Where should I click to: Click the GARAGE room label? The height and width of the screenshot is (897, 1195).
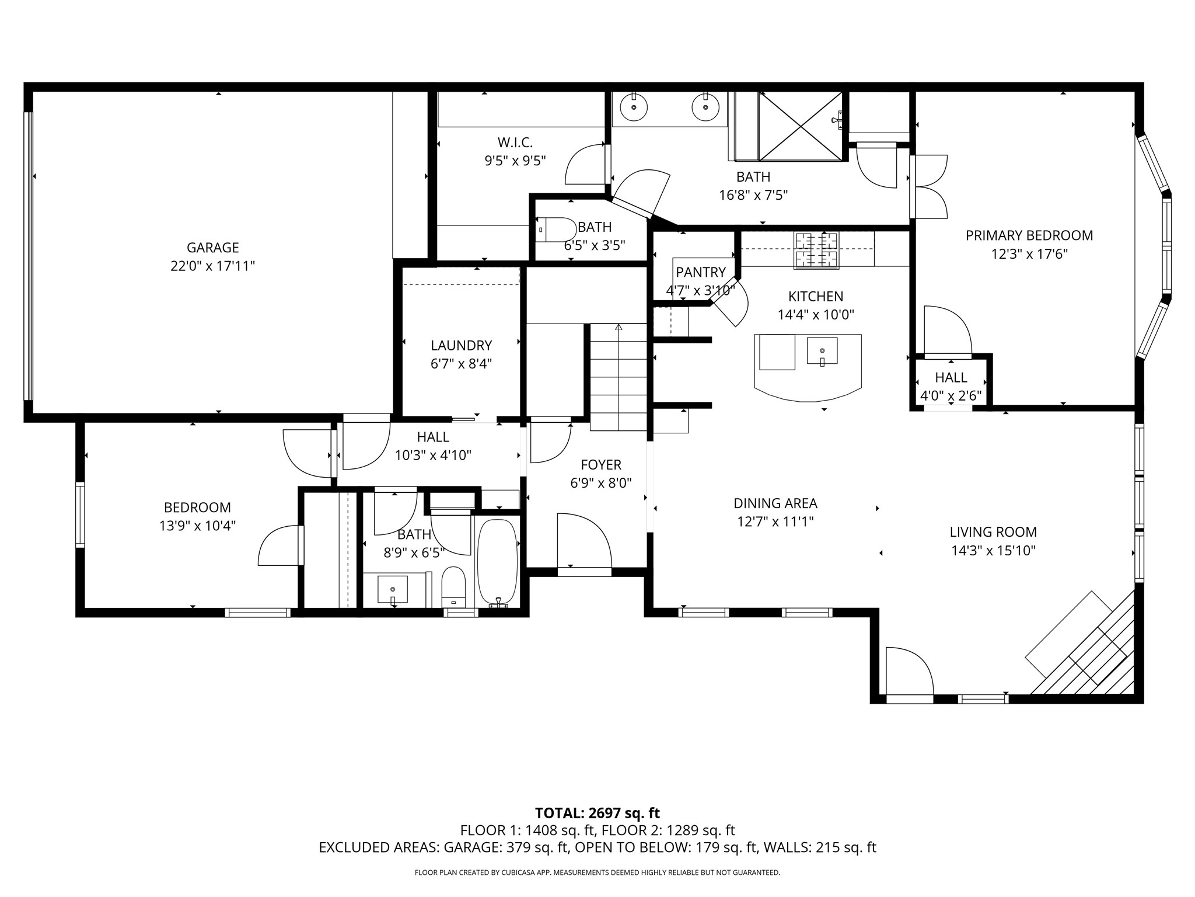[x=213, y=248]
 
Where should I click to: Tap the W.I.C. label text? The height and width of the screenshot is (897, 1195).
[x=515, y=142]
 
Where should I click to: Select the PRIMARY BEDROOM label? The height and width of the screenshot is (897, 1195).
[x=1029, y=235]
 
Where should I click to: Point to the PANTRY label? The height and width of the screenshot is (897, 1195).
[x=701, y=272]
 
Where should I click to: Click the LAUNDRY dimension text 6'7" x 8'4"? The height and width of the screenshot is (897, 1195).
[x=462, y=364]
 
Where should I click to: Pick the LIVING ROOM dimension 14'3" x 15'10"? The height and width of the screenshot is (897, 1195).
[x=993, y=551]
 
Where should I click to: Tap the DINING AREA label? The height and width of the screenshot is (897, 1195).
[x=775, y=503]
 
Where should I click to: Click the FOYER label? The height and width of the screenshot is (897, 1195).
[x=601, y=465]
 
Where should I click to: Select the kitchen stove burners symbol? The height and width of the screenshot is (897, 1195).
[x=816, y=251]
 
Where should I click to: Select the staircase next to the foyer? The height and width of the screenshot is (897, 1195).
[x=619, y=377]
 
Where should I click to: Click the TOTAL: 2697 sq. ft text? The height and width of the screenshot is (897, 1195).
[x=597, y=813]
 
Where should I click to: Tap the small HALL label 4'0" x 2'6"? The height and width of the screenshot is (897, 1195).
[x=951, y=377]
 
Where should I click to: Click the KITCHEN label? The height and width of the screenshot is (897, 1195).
[x=816, y=296]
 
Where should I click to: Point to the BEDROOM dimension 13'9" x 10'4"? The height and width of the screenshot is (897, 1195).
[x=198, y=526]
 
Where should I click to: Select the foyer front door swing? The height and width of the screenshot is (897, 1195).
[x=584, y=540]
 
